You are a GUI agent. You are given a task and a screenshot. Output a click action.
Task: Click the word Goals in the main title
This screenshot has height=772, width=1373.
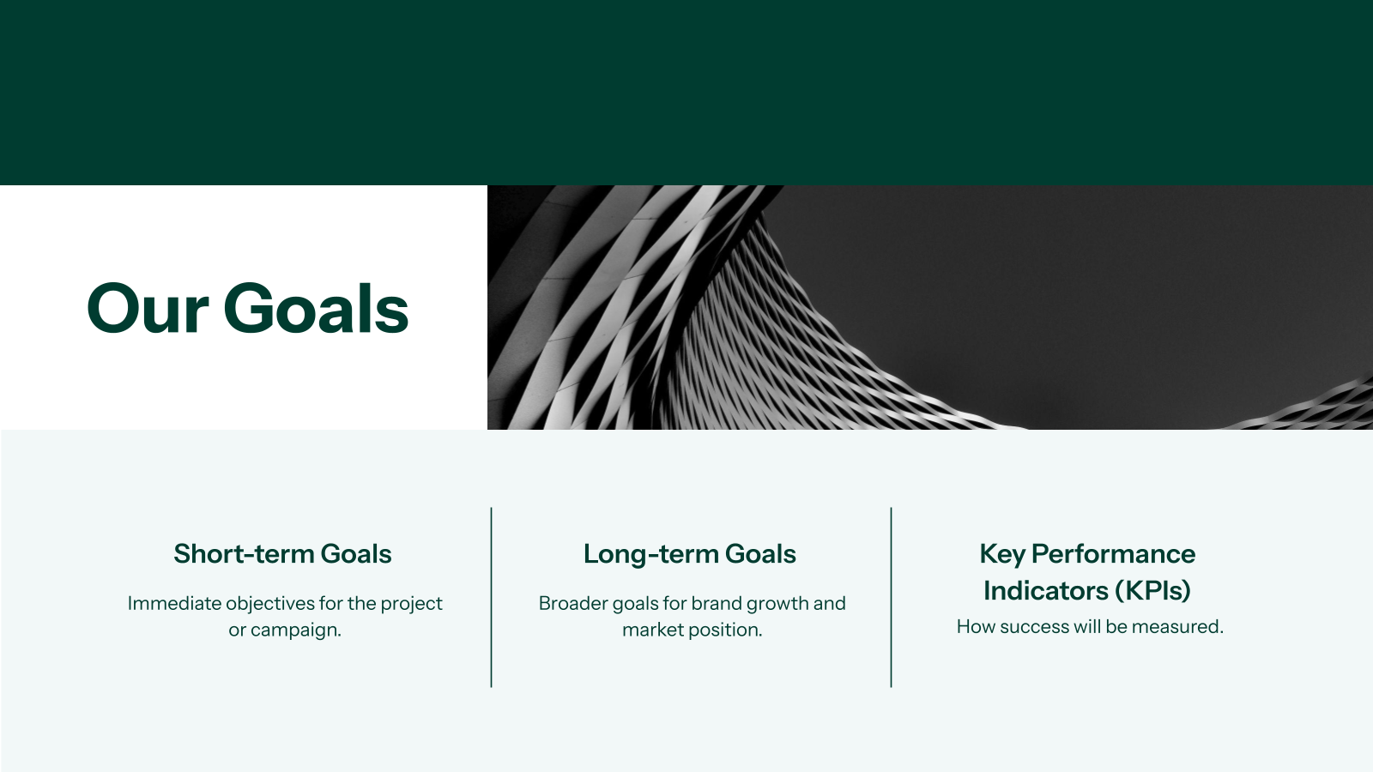(317, 308)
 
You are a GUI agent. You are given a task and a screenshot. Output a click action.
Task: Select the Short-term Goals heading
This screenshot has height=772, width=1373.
(282, 554)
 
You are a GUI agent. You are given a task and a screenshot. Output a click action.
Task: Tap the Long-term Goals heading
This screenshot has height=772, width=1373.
(690, 554)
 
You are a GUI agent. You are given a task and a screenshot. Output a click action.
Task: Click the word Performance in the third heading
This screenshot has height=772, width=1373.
(1113, 554)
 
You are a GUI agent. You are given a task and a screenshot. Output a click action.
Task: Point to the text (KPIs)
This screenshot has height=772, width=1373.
(1152, 591)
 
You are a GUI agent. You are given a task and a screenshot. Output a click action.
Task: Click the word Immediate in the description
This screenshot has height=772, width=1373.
(175, 604)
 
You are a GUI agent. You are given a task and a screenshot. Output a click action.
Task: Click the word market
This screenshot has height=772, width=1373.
(651, 630)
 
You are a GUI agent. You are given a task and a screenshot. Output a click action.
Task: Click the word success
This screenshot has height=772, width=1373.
(1034, 627)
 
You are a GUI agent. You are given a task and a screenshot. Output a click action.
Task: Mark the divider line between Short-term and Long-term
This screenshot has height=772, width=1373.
(491, 597)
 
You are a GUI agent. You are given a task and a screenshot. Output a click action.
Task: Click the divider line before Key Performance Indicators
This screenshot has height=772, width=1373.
(892, 597)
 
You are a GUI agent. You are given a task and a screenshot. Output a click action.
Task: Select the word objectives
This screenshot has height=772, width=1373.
(270, 604)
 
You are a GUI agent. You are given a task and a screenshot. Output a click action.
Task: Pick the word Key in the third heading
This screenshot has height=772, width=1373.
(1002, 554)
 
